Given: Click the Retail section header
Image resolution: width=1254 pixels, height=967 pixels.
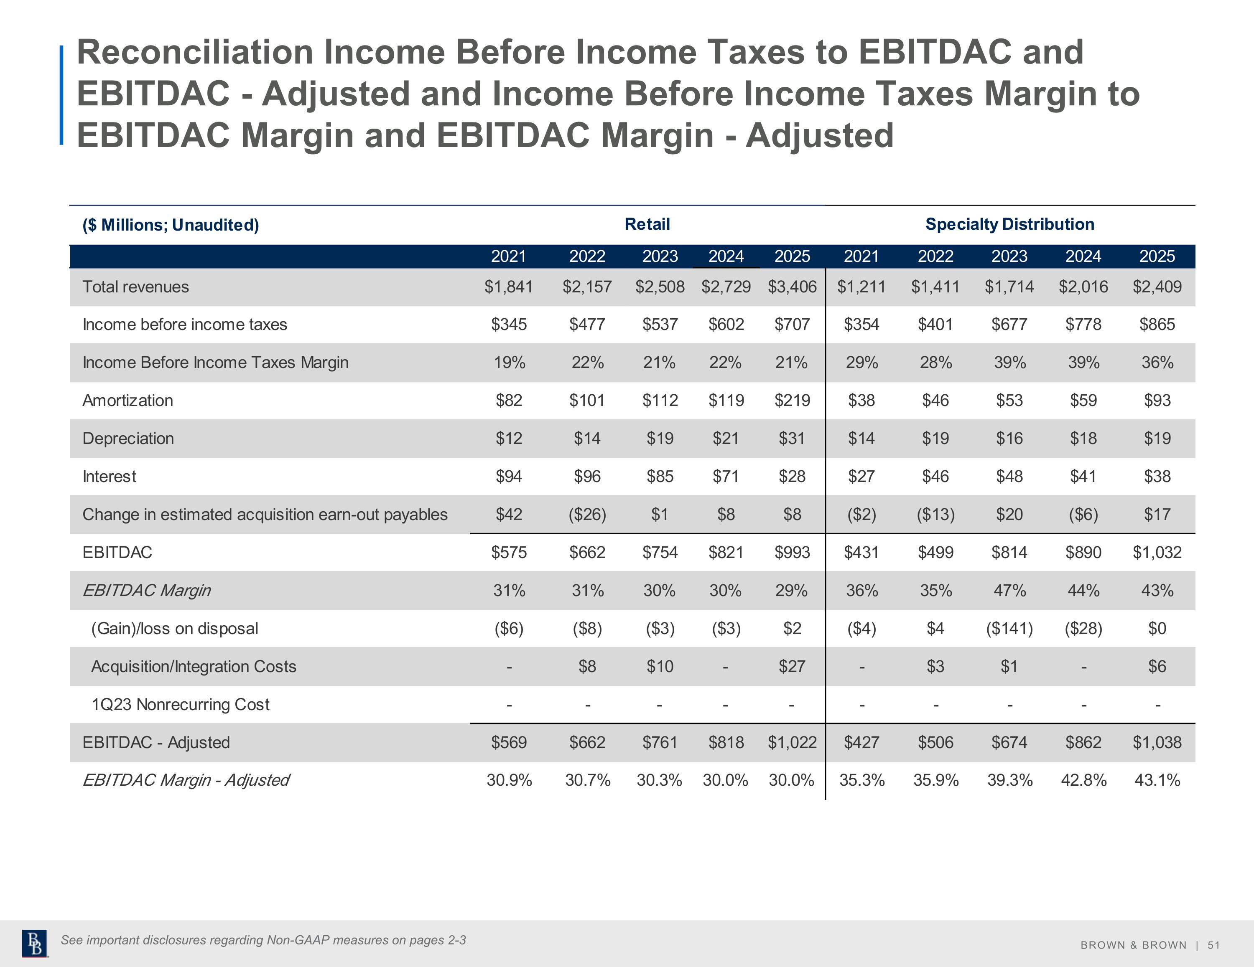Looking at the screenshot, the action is click(x=647, y=224).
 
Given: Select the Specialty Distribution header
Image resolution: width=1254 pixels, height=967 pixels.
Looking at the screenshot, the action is click(x=1009, y=224).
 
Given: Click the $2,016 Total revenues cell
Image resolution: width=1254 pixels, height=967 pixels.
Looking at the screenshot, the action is click(x=1083, y=287).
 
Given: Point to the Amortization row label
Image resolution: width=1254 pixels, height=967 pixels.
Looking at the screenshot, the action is click(x=127, y=400).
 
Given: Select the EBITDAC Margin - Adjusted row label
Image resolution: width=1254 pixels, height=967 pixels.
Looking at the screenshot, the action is click(x=186, y=780).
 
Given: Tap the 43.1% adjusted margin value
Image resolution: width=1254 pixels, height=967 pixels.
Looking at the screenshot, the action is click(x=1157, y=780).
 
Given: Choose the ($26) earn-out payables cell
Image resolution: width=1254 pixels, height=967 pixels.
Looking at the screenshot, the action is click(x=587, y=514).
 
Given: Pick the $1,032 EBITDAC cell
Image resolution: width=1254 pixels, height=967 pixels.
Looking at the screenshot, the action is click(x=1157, y=552).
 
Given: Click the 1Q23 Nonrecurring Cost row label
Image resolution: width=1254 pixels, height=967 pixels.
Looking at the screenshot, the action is click(x=180, y=704).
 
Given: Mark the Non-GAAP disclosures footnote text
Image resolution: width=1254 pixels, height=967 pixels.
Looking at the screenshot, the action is click(x=263, y=940).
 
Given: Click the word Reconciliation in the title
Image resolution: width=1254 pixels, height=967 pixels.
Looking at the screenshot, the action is click(x=195, y=52).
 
